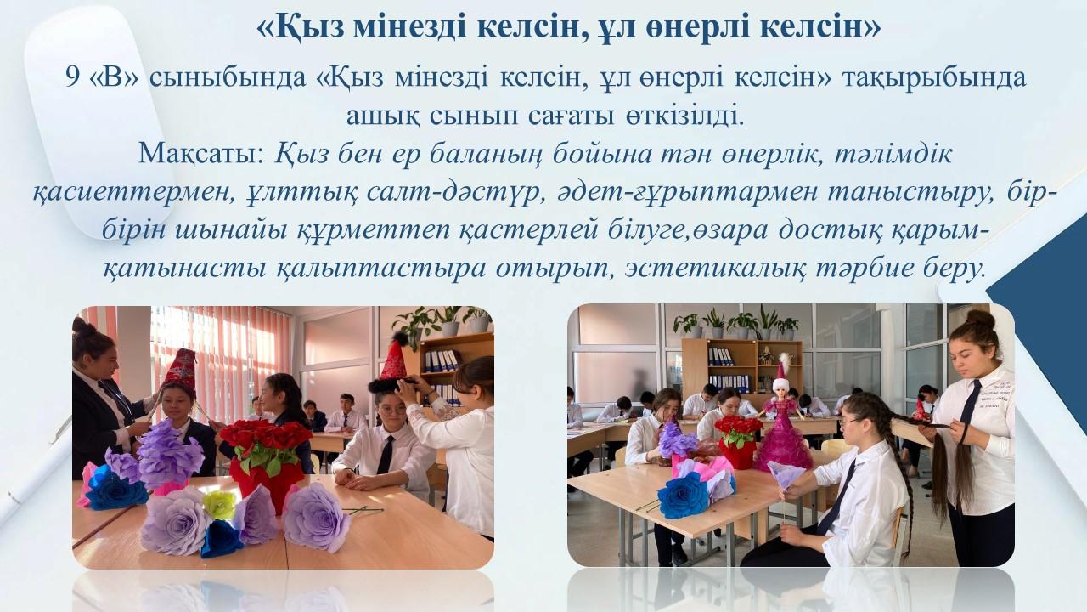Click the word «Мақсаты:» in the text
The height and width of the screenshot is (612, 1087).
pos(201,155)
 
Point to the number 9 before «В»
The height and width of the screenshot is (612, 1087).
pos(73,77)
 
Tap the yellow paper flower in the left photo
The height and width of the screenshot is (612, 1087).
pos(219,504)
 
